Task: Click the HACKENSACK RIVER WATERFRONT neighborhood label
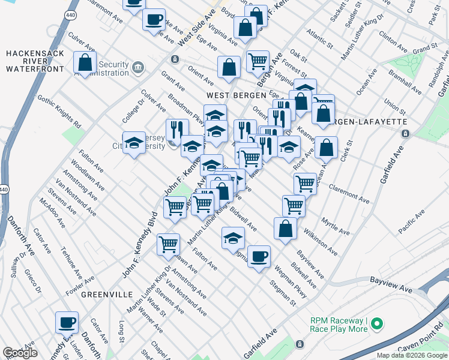35,61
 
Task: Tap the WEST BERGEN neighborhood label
235,95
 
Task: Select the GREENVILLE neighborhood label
106,295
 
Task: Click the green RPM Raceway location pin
377,325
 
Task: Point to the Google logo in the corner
20,353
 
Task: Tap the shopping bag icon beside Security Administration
85,62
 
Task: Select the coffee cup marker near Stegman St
259,257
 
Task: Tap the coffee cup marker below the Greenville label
67,322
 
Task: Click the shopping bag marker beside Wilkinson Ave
285,229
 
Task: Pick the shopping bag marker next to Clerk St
326,147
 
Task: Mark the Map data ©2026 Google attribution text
412,355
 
